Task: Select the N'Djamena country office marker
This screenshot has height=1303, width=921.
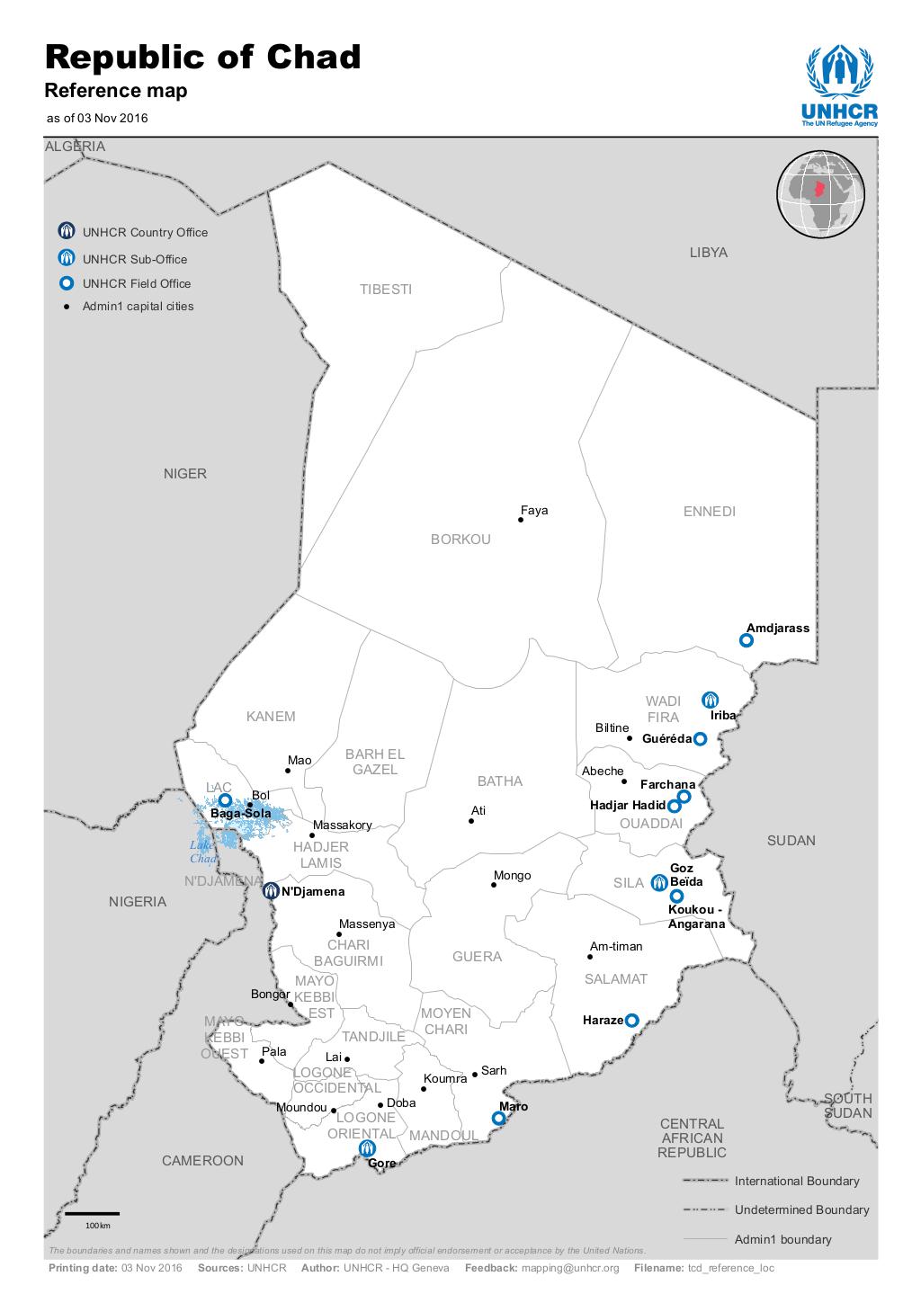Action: pos(271,891)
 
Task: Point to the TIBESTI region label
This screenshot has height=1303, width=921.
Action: pos(386,290)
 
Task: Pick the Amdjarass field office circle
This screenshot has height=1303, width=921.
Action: pos(746,640)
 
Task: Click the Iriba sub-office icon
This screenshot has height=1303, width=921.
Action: pos(710,699)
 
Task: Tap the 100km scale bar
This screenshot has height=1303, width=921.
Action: pos(92,1214)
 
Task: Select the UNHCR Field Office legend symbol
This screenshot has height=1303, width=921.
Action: pos(67,283)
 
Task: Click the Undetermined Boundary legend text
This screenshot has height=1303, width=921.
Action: pos(801,1209)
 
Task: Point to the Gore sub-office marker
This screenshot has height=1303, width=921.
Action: pos(367,1148)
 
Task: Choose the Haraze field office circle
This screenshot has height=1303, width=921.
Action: pos(631,1021)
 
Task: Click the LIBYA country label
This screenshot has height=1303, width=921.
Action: pos(708,253)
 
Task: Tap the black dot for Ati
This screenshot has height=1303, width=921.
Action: pos(471,821)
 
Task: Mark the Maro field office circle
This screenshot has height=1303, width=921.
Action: pos(498,1119)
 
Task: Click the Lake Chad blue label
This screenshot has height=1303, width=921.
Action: pos(202,852)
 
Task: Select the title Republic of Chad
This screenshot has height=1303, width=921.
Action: pos(202,57)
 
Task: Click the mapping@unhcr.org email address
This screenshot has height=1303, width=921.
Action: pos(570,1268)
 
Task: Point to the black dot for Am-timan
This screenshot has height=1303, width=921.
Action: pos(590,957)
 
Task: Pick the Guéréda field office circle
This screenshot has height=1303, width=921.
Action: pos(700,739)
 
